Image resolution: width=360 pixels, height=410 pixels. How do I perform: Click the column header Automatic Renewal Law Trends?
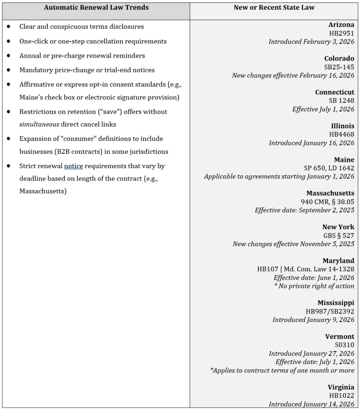click(x=96, y=8)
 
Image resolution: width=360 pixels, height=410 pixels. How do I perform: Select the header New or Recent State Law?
click(x=274, y=8)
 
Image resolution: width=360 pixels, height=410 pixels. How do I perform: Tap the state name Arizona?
click(x=341, y=25)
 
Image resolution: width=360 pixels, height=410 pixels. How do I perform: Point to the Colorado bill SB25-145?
click(x=339, y=67)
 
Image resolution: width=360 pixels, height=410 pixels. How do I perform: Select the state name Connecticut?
click(x=334, y=92)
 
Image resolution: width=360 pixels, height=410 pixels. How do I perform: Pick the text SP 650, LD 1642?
click(x=329, y=168)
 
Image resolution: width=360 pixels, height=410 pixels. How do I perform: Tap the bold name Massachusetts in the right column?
click(x=330, y=193)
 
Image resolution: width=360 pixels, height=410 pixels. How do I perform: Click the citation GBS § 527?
click(x=338, y=235)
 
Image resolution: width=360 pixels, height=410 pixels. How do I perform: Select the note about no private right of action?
click(x=314, y=286)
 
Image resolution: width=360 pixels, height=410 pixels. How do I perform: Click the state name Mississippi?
click(x=336, y=303)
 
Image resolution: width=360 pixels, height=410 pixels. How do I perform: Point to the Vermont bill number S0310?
click(x=344, y=345)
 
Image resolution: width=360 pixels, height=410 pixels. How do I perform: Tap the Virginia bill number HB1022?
click(x=341, y=395)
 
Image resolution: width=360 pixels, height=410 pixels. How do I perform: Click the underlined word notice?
click(x=73, y=166)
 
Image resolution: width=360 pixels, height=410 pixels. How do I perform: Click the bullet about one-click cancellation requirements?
click(x=93, y=41)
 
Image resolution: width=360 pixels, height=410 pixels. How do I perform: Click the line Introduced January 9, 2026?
click(x=313, y=320)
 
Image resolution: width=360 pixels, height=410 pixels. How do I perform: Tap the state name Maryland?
click(x=338, y=261)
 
